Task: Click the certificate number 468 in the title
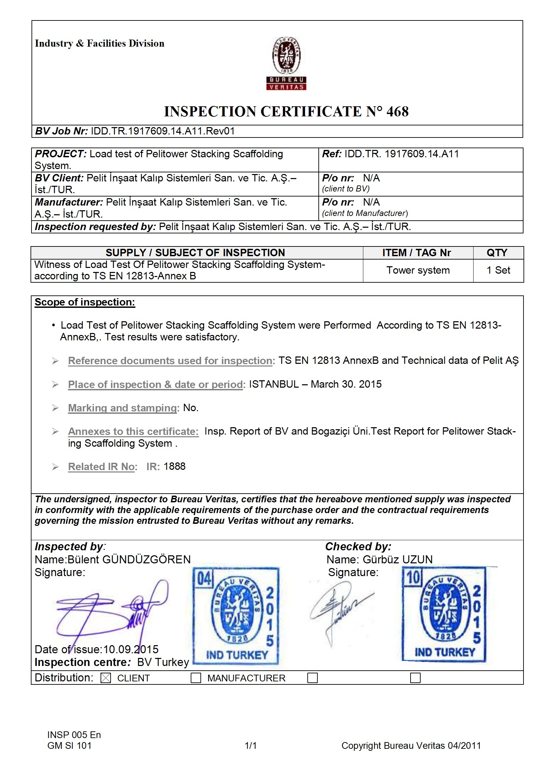(x=397, y=112)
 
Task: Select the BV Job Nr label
(x=61, y=131)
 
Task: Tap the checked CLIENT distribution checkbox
(x=106, y=678)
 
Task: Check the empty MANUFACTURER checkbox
(x=196, y=678)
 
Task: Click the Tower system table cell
(x=418, y=270)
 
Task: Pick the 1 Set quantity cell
(x=498, y=270)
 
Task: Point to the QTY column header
(x=497, y=253)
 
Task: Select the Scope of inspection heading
(x=85, y=302)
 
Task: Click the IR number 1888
(x=174, y=466)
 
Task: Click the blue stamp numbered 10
(x=444, y=614)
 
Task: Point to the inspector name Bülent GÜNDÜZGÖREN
(x=129, y=560)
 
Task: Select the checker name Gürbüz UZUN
(x=397, y=560)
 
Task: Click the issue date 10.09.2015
(x=131, y=650)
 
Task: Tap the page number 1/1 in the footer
(x=251, y=746)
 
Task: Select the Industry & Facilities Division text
(x=99, y=43)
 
